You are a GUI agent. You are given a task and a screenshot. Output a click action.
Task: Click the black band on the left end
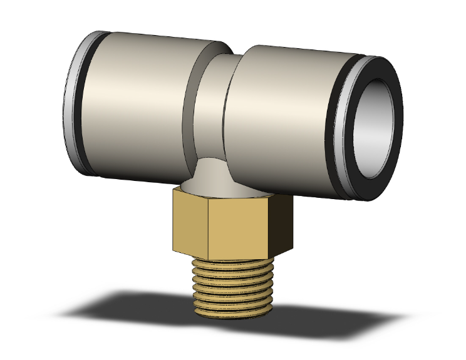(x=85, y=103)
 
